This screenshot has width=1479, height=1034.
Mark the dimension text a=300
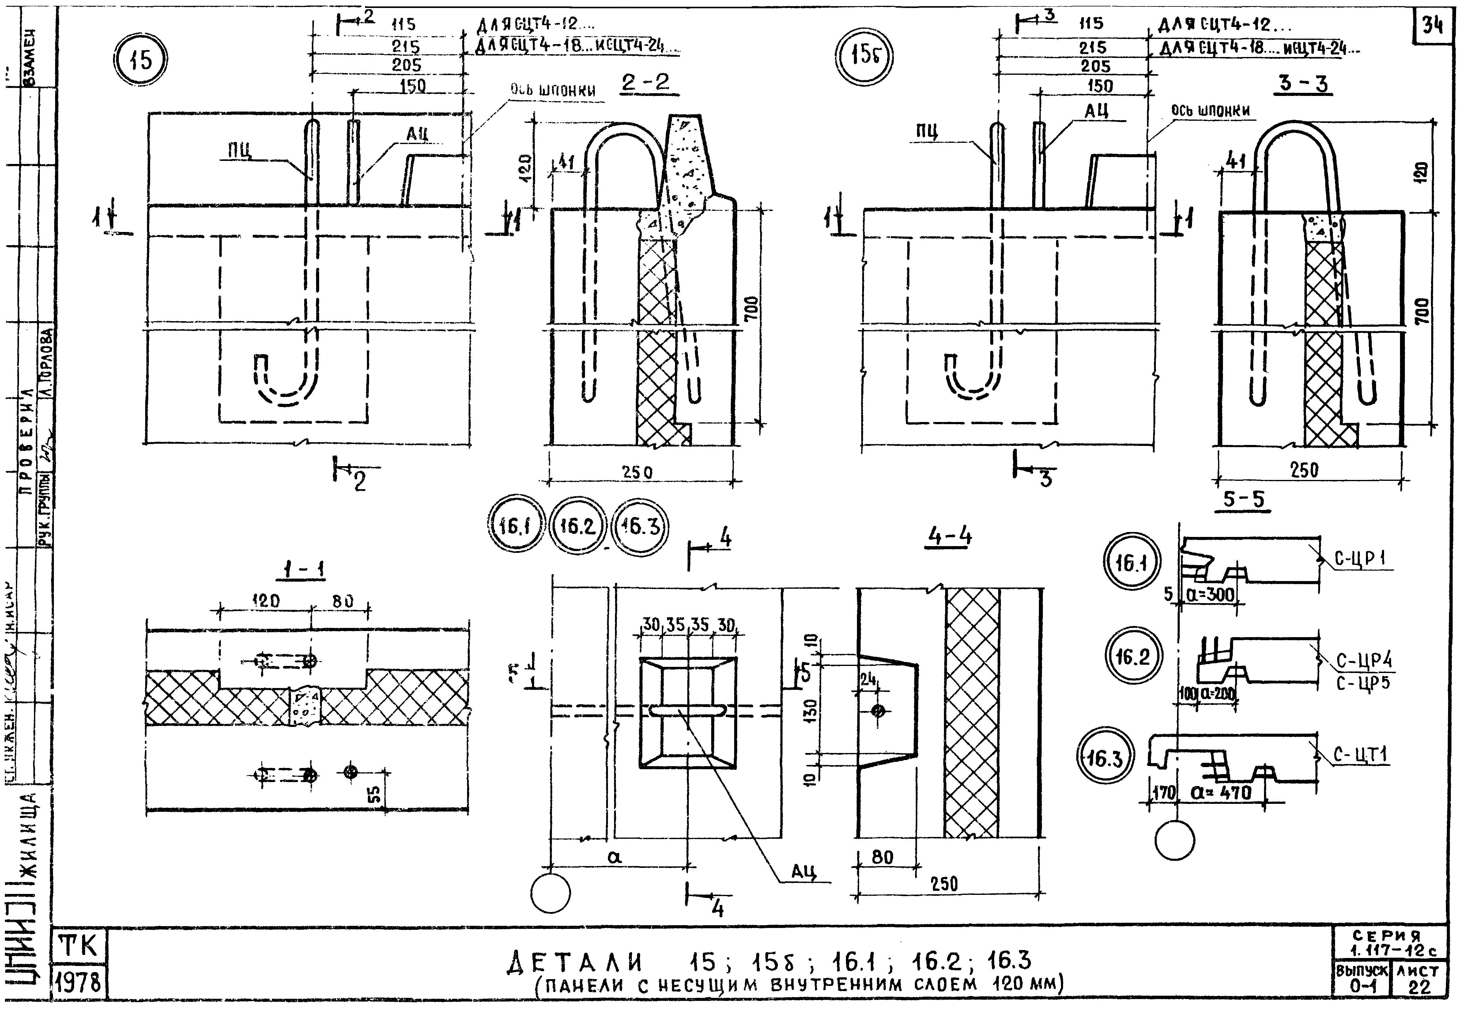[1210, 594]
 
